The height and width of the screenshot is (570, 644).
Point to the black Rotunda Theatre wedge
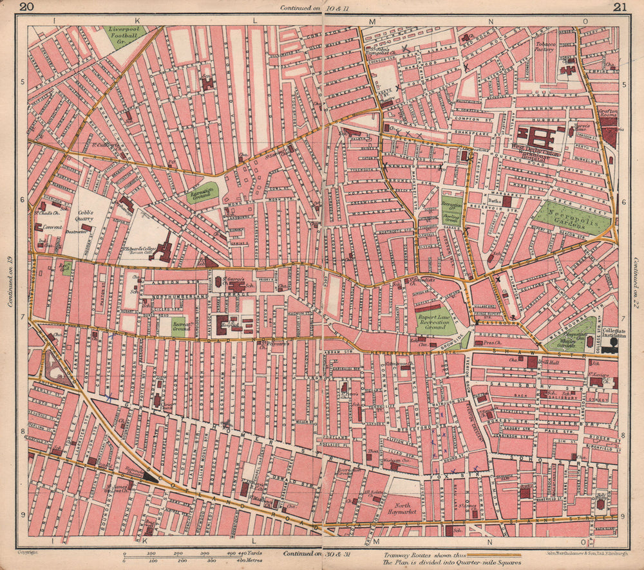(151, 476)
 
